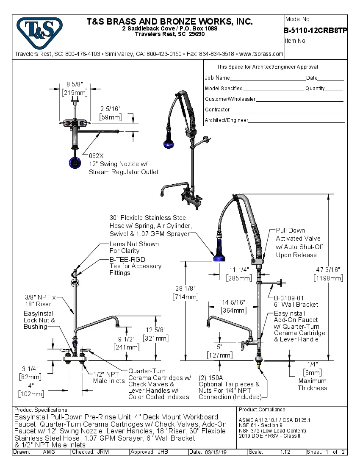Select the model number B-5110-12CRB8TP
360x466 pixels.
click(x=316, y=31)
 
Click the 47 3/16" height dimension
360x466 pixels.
click(x=328, y=269)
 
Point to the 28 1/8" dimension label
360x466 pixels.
click(x=186, y=288)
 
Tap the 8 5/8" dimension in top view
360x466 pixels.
click(x=75, y=84)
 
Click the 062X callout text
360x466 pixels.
click(x=96, y=156)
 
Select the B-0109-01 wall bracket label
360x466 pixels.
click(x=289, y=298)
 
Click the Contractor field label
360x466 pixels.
click(x=217, y=110)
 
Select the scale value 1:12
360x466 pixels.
click(x=285, y=452)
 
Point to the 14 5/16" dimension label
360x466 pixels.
click(x=234, y=302)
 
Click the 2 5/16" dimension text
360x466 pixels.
click(x=111, y=109)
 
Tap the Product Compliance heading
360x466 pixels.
click(x=263, y=410)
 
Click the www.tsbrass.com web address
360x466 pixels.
click(x=261, y=54)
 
